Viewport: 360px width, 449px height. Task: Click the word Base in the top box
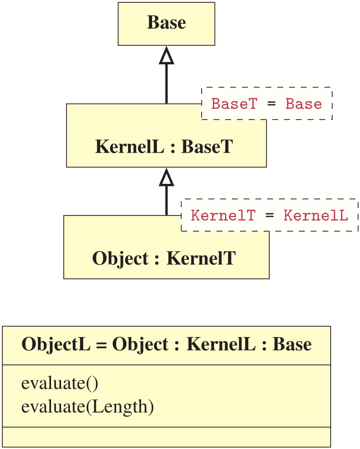click(x=167, y=23)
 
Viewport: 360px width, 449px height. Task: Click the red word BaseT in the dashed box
click(x=234, y=104)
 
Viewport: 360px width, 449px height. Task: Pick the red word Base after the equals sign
click(x=304, y=104)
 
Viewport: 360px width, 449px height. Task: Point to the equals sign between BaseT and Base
click(x=271, y=104)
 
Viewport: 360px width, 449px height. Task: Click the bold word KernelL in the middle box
click(x=129, y=147)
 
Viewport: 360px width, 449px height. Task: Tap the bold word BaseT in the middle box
click(x=207, y=147)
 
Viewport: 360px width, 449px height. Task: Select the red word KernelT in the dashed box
click(x=223, y=216)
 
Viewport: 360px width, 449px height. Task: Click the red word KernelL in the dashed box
click(x=316, y=216)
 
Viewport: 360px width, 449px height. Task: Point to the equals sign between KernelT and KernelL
click(x=270, y=216)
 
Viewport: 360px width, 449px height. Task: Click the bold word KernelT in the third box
click(x=201, y=258)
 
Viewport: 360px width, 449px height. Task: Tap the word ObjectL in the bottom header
click(x=56, y=345)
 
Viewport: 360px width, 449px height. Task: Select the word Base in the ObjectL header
click(x=292, y=344)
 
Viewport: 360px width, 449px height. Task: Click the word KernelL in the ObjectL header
click(x=221, y=344)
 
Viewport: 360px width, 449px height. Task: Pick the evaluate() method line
click(x=60, y=383)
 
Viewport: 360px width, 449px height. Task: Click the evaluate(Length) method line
click(x=87, y=407)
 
